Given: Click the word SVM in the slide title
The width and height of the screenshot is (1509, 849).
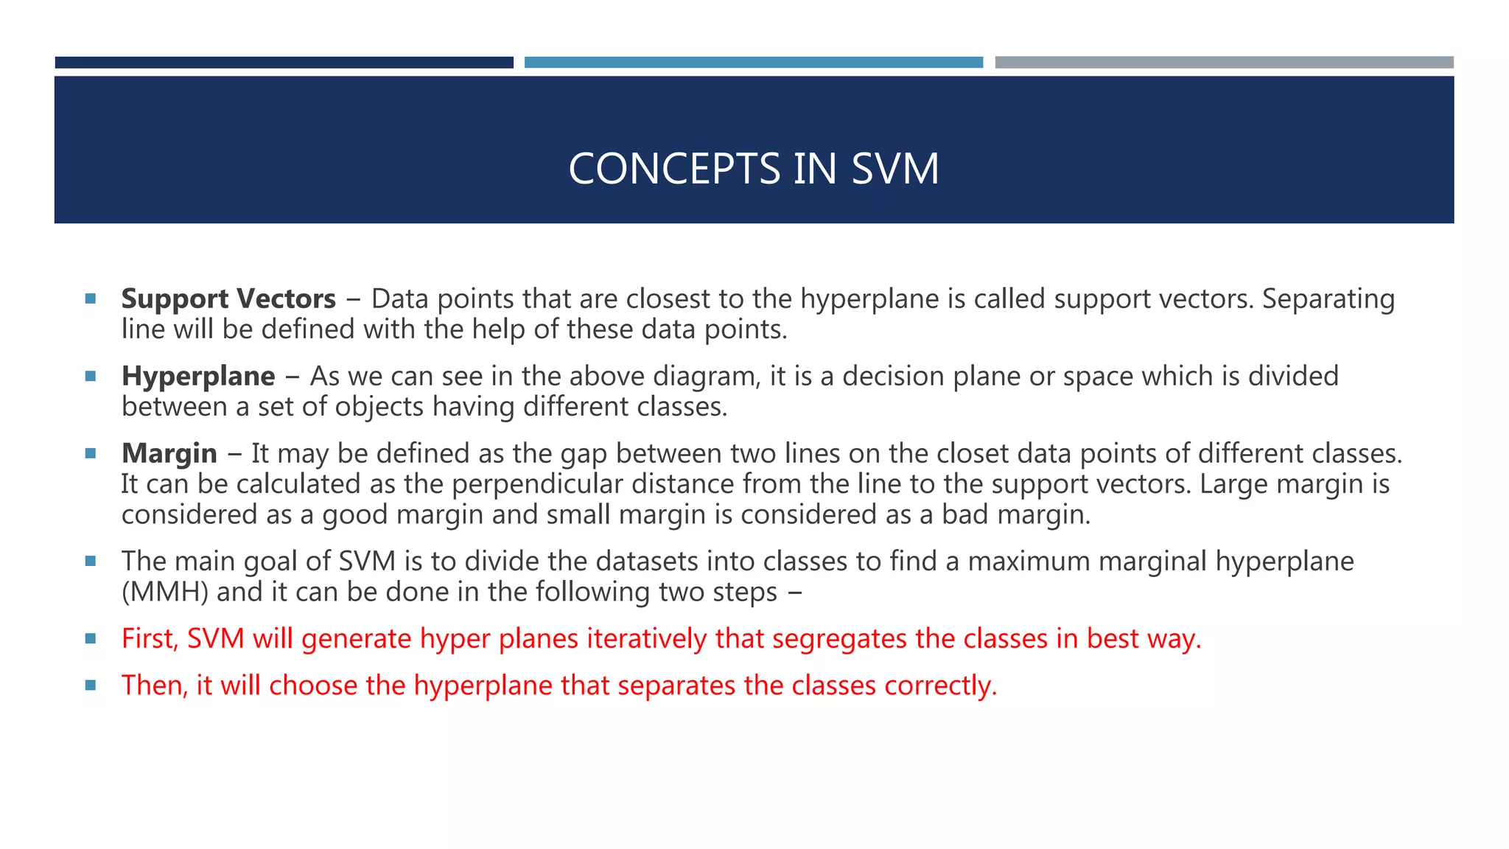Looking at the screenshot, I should pyautogui.click(x=894, y=169).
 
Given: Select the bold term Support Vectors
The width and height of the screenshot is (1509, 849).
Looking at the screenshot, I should pyautogui.click(x=228, y=299).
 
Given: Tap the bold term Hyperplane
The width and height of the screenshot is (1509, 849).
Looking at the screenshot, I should pyautogui.click(x=198, y=377).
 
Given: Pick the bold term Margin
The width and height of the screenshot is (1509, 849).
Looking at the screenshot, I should pyautogui.click(x=169, y=454).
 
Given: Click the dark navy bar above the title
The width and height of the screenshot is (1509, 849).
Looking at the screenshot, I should pyautogui.click(x=284, y=63).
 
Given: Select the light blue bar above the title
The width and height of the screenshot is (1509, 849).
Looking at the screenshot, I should pyautogui.click(x=753, y=63).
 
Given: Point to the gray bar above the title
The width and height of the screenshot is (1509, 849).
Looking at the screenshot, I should pyautogui.click(x=1224, y=63).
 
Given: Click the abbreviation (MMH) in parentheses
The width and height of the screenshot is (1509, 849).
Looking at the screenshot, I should pyautogui.click(x=165, y=593).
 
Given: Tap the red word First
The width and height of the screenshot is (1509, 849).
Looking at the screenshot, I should pyautogui.click(x=149, y=639).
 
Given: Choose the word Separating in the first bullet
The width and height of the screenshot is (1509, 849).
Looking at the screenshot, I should pyautogui.click(x=1328, y=299).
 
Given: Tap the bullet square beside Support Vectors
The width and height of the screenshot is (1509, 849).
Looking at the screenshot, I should pyautogui.click(x=91, y=299).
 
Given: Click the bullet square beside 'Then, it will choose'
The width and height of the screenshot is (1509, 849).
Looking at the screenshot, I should pyautogui.click(x=91, y=685).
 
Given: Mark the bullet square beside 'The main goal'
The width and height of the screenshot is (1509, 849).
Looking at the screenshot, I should pyautogui.click(x=91, y=562).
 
